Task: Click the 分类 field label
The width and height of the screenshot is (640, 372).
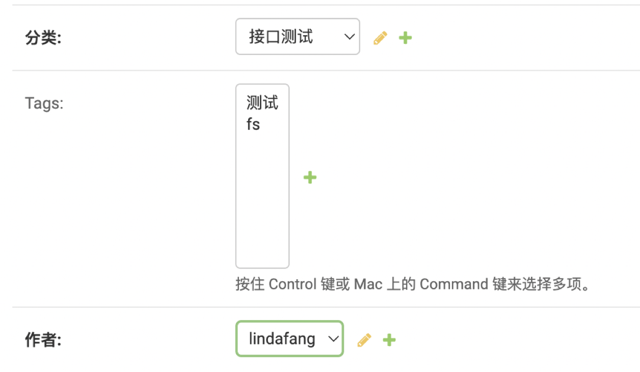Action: click(43, 37)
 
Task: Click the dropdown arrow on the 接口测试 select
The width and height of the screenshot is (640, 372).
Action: click(349, 37)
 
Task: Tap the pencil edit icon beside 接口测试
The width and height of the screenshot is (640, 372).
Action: click(380, 38)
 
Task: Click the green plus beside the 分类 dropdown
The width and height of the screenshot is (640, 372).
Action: click(405, 38)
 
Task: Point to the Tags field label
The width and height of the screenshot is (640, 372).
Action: click(44, 103)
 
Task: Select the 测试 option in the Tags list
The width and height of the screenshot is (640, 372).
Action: click(262, 103)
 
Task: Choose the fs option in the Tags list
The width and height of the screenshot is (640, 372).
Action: click(253, 124)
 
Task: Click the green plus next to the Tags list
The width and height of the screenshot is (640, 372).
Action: click(310, 177)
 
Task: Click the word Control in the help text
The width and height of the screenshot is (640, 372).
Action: click(292, 284)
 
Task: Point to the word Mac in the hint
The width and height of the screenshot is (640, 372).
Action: click(368, 284)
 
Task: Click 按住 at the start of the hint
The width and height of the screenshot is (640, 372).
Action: click(250, 284)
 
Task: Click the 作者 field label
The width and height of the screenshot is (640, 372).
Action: click(43, 340)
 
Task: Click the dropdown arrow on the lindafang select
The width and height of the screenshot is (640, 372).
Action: click(333, 339)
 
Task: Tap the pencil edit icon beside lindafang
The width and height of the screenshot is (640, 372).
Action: click(364, 340)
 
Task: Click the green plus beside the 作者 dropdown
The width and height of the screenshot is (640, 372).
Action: click(389, 340)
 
